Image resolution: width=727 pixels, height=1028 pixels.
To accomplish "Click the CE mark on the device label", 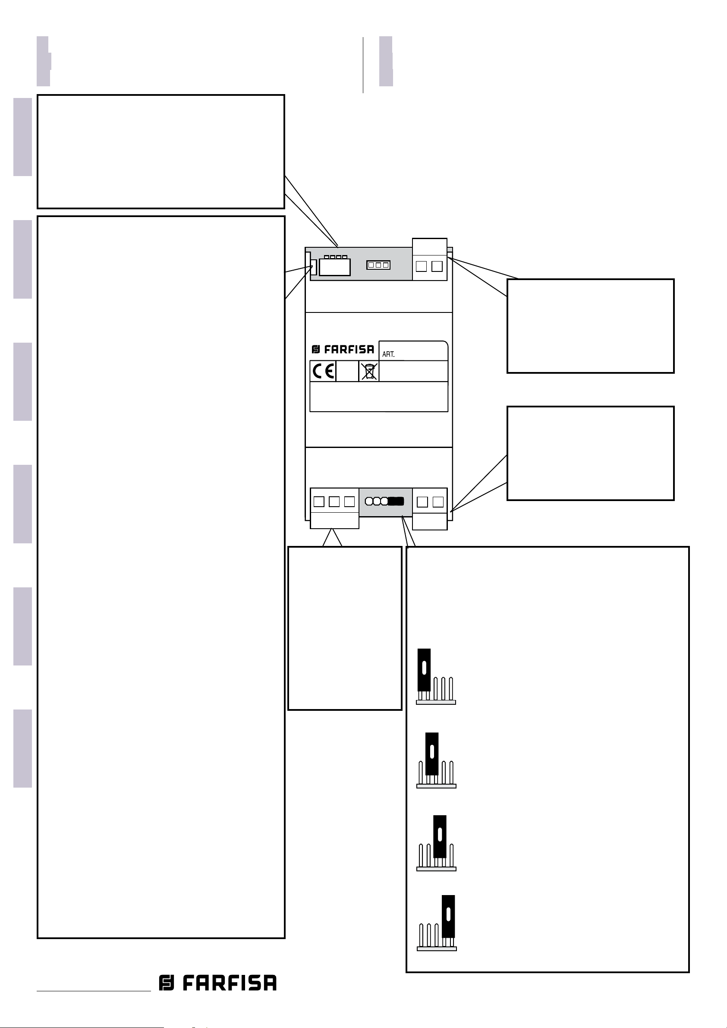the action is [x=323, y=371].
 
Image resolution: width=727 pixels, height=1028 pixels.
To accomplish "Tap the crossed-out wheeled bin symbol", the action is [x=369, y=372].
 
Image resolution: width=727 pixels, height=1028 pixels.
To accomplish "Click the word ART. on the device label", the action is [x=388, y=354].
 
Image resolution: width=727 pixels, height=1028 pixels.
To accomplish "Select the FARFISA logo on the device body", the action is [x=343, y=349].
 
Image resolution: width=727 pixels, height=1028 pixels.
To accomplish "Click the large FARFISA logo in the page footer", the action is [x=217, y=983].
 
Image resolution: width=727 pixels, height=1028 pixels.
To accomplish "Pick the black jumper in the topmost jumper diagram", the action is [x=424, y=670].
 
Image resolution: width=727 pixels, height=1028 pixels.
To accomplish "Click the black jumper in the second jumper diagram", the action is [x=431, y=754].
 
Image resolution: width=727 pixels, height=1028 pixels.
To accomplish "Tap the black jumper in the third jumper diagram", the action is [x=440, y=836].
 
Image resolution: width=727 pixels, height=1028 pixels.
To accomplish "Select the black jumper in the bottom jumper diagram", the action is [x=448, y=916].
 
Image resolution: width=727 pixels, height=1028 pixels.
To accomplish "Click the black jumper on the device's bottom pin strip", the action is [x=396, y=501].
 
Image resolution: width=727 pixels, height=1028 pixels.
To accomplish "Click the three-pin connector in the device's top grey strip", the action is [x=378, y=265].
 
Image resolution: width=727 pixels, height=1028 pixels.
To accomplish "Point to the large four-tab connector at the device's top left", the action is [x=335, y=266].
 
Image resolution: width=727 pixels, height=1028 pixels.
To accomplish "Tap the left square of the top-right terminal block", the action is [x=421, y=266].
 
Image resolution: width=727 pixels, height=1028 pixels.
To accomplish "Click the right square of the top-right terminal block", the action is [x=437, y=266].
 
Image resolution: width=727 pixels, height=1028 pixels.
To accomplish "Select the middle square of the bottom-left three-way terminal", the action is [x=334, y=501].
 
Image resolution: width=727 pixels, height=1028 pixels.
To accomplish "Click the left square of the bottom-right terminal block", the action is [x=422, y=502].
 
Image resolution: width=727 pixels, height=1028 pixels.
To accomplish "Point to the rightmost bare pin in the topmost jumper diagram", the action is [x=451, y=689].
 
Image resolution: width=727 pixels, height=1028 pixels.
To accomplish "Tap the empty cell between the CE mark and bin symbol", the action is [x=347, y=371].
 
